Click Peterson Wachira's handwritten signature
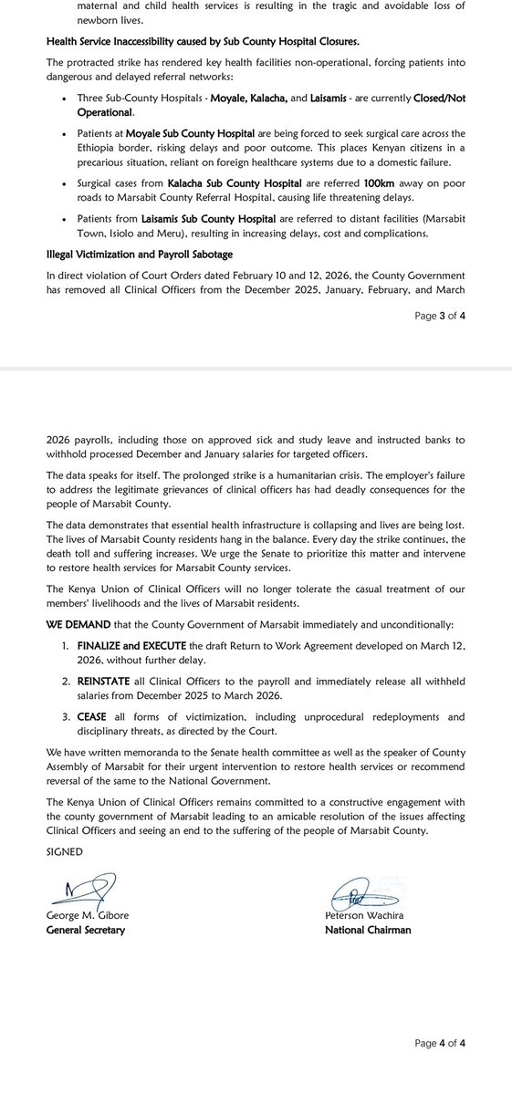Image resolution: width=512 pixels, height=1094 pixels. tap(360, 896)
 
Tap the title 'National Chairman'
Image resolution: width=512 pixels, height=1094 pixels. tap(368, 930)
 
